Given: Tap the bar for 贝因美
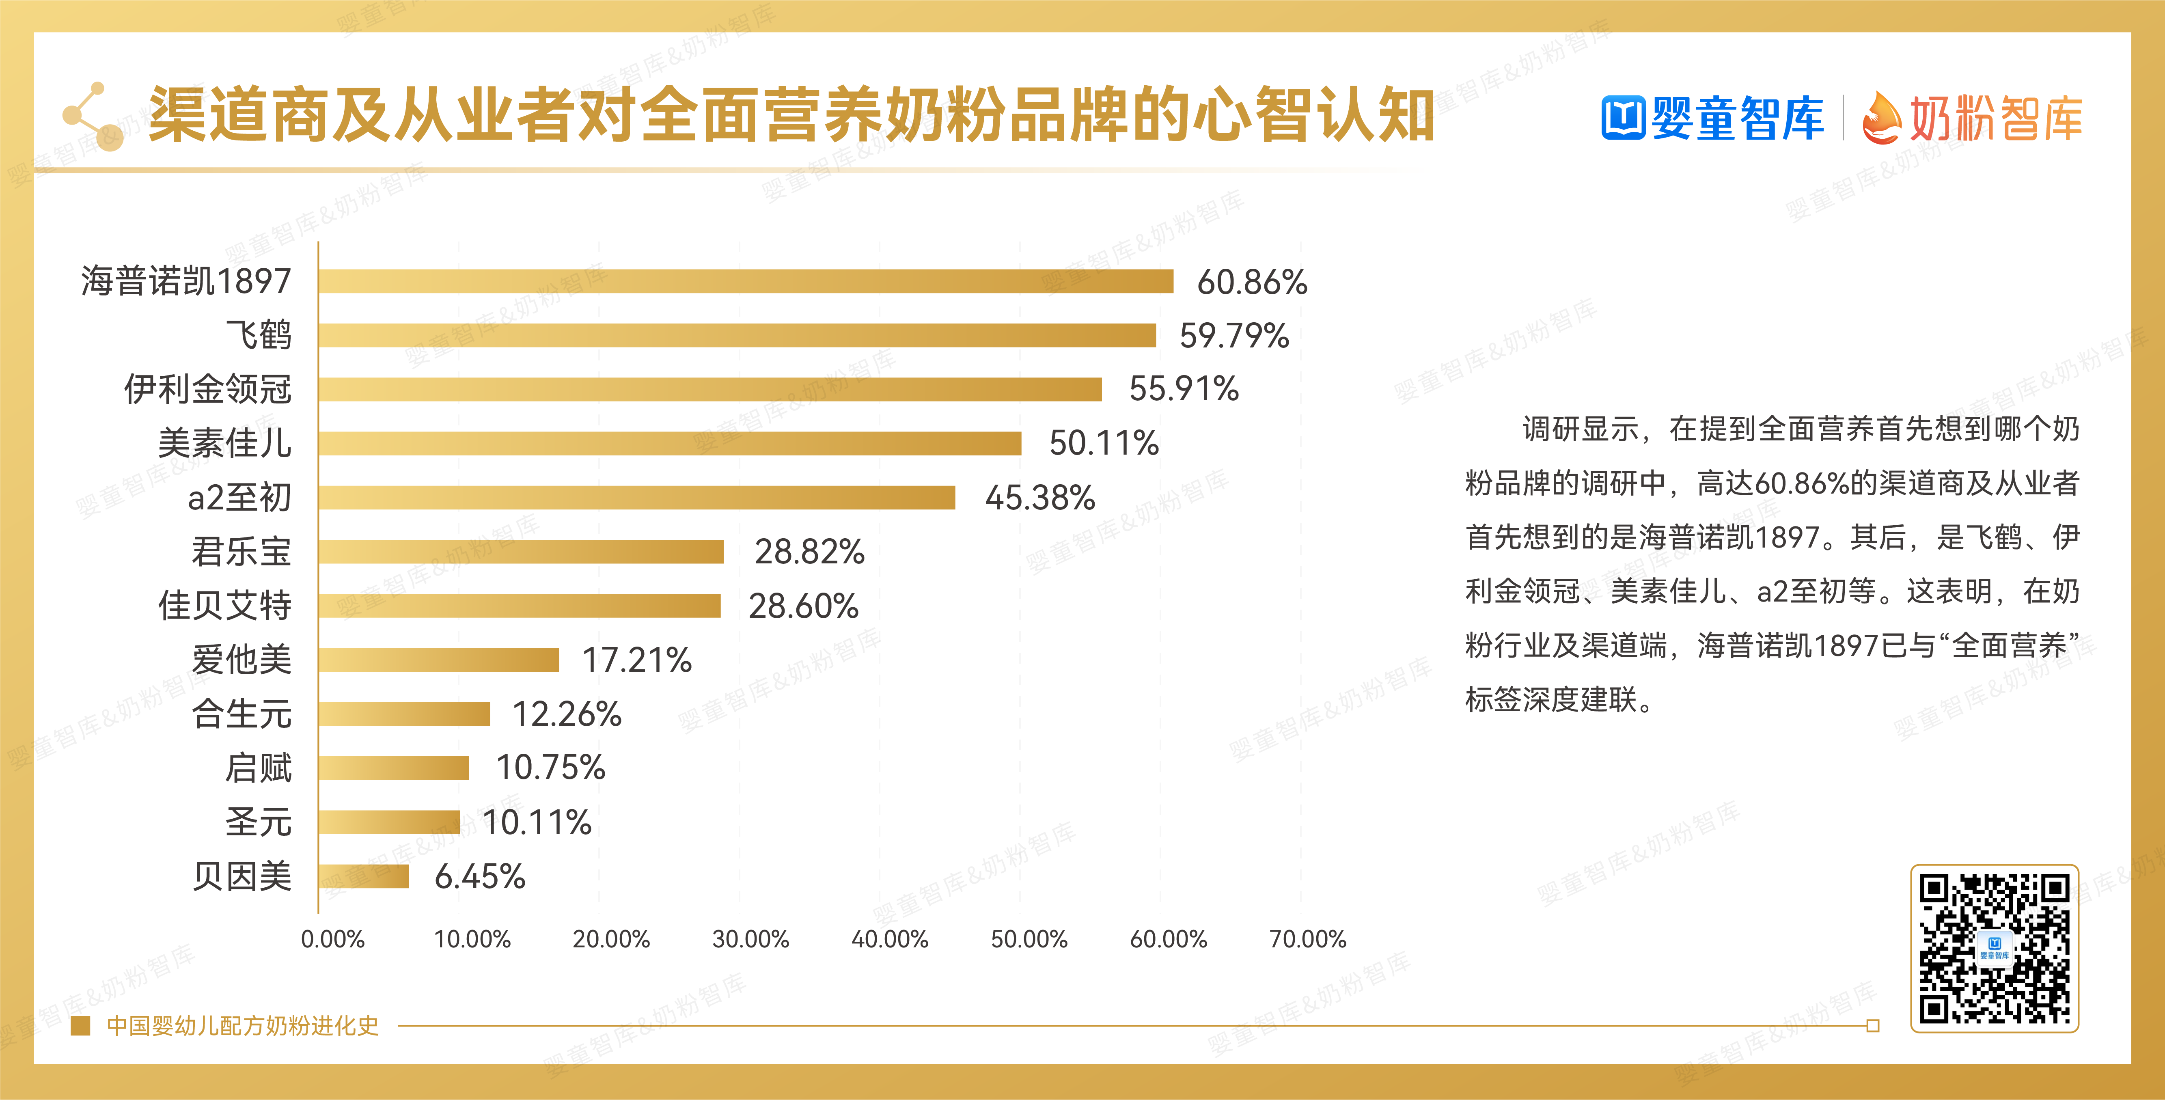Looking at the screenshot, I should click(x=364, y=876).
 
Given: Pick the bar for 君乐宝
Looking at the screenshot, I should click(x=521, y=551).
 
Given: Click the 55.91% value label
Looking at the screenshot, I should click(x=1183, y=389).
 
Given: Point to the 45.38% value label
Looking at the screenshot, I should click(x=1039, y=498).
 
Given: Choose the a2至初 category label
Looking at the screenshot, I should click(x=239, y=498).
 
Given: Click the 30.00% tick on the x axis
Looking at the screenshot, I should click(x=750, y=939).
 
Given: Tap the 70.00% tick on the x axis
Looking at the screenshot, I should click(x=1308, y=939).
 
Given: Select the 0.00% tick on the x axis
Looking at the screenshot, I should click(x=333, y=939).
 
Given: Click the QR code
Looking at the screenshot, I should click(x=1995, y=948).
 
